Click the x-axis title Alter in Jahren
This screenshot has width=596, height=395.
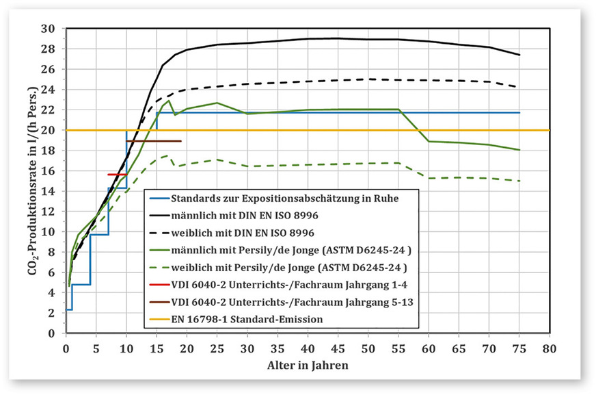[308, 365]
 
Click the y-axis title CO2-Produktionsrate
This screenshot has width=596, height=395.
[32, 181]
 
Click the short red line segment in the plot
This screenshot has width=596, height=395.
[117, 175]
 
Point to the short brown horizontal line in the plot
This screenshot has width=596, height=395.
[154, 141]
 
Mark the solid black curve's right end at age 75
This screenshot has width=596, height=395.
[519, 55]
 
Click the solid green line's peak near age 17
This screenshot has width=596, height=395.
[169, 101]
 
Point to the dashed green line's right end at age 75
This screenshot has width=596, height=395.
[519, 181]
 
